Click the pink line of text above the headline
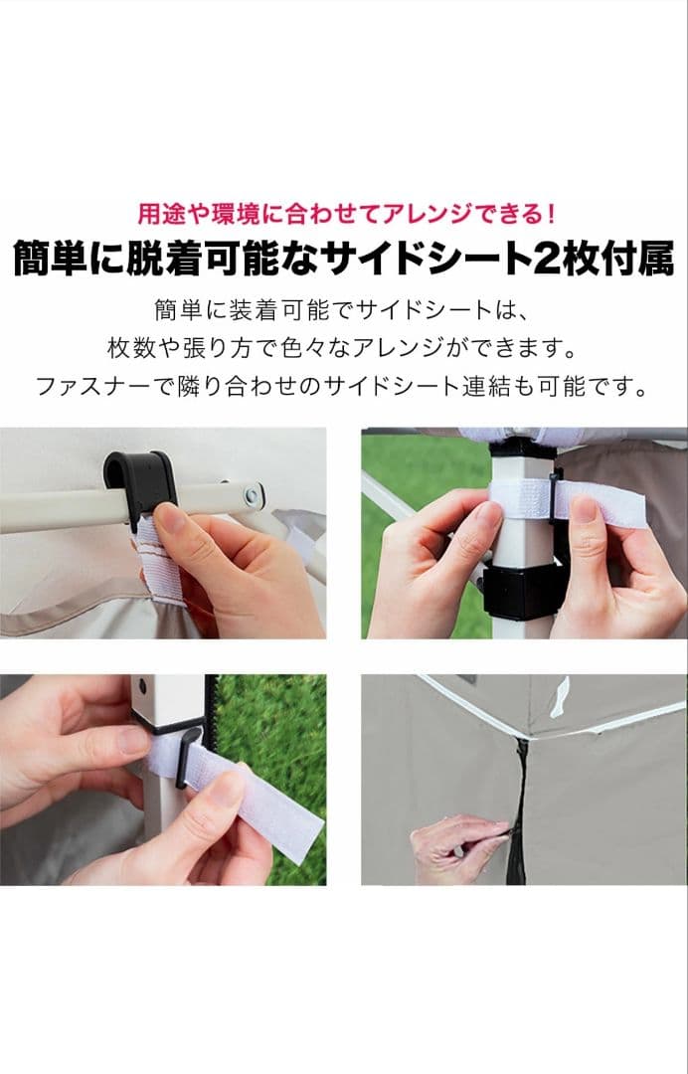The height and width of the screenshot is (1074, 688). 344,213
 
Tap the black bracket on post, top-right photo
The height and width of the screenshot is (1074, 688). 517,591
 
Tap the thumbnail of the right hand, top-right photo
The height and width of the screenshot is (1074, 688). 586,509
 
